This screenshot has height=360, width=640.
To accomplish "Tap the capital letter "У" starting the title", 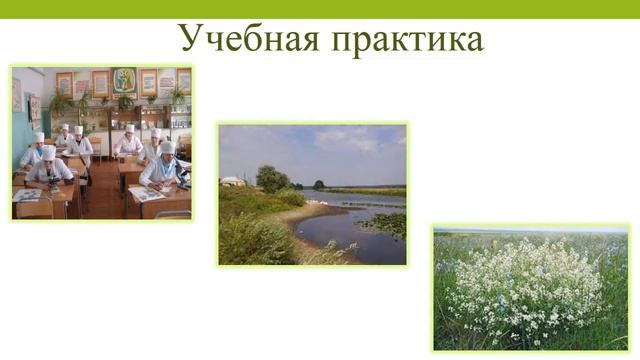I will [x=190, y=38].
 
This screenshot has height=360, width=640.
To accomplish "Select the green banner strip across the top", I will [x=320, y=8].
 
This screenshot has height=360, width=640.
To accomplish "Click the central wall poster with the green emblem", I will [x=124, y=80].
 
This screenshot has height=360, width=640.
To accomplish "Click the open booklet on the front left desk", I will [x=29, y=194].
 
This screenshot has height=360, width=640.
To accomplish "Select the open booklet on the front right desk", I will [x=147, y=194].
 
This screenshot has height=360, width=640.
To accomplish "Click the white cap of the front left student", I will [x=47, y=153].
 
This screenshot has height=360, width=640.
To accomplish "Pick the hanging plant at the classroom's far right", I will [x=177, y=97].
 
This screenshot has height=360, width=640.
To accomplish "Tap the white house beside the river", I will [x=233, y=181].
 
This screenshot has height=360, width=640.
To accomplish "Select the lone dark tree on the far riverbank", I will [x=319, y=184].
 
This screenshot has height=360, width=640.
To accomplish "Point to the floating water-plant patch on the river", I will [x=384, y=223].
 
